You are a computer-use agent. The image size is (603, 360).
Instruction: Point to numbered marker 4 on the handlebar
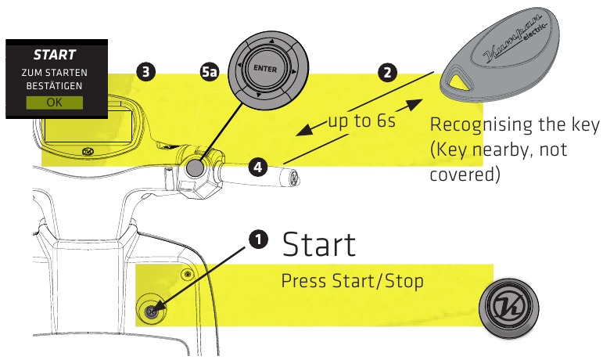(258, 166)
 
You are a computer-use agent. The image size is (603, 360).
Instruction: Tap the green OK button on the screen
(54, 103)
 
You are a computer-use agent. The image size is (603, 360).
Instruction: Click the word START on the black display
(54, 56)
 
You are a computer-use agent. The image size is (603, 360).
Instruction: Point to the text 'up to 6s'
(362, 122)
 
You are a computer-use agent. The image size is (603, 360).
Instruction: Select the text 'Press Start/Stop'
(352, 280)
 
